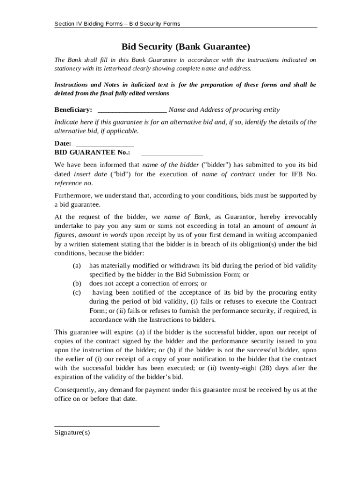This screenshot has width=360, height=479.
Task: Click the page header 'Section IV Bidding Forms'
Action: click(117, 24)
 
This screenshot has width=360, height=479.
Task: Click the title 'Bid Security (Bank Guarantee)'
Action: click(186, 47)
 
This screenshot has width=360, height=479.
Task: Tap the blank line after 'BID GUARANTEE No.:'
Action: click(172, 153)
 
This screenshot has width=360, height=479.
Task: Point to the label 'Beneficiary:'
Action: click(73, 110)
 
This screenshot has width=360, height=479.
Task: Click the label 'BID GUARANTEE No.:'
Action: click(92, 152)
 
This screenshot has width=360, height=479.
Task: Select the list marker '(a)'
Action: click(77, 266)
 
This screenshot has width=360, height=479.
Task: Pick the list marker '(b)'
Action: click(77, 283)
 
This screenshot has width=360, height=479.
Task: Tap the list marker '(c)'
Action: click(77, 292)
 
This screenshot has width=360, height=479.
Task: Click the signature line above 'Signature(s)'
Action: click(107, 425)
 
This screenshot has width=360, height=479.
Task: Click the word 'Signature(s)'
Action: click(72, 433)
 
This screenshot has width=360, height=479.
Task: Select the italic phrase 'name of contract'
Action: click(228, 174)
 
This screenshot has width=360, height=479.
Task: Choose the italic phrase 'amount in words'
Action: click(104, 235)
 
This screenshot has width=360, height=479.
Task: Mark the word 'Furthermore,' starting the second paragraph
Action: click(74, 195)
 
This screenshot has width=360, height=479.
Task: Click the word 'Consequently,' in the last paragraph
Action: click(75, 390)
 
